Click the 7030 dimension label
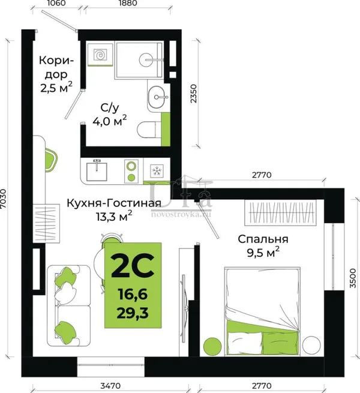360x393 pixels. click(x=4, y=199)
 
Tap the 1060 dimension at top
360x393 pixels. click(x=56, y=3)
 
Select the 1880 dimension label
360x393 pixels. click(x=128, y=3)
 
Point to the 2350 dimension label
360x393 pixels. click(x=194, y=94)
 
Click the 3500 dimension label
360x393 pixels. click(x=352, y=278)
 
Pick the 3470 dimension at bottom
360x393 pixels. click(x=110, y=385)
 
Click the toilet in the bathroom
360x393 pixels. click(x=149, y=130)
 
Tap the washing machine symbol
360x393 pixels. click(x=100, y=54)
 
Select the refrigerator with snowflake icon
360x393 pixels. click(x=157, y=171)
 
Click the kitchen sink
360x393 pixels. click(x=97, y=171)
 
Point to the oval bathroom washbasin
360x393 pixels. click(x=158, y=97)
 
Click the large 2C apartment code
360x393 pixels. click(x=133, y=266)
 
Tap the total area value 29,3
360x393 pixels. click(x=133, y=313)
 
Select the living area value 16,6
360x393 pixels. click(x=133, y=294)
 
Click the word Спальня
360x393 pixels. click(x=263, y=239)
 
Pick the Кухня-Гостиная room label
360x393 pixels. click(x=114, y=203)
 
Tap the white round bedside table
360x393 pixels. click(x=311, y=345)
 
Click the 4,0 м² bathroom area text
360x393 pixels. click(x=110, y=121)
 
